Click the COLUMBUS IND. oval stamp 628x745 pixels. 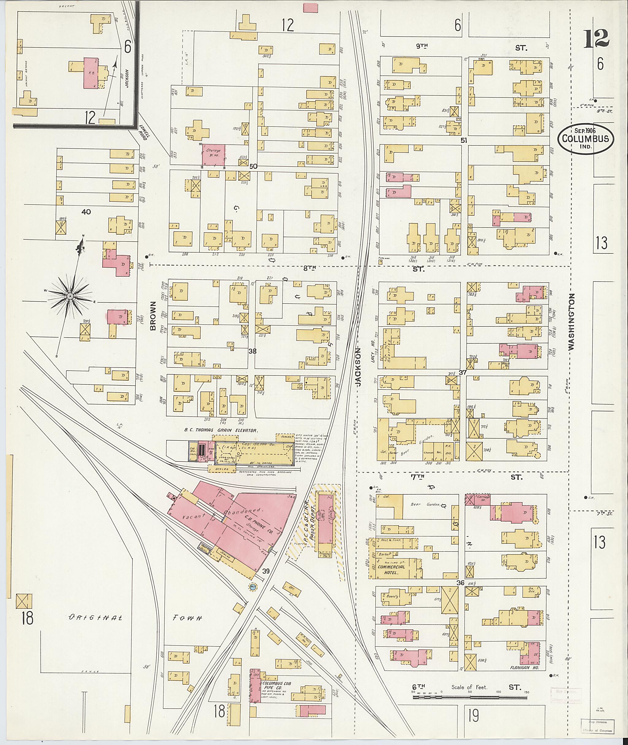(585, 139)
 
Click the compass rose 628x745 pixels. (70, 296)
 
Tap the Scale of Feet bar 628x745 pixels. (471, 696)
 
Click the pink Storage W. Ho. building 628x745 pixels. (214, 155)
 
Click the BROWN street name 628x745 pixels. (153, 316)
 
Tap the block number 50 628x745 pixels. (253, 166)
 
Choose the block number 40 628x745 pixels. (86, 212)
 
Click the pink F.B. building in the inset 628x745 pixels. (91, 73)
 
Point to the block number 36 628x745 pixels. (460, 583)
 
